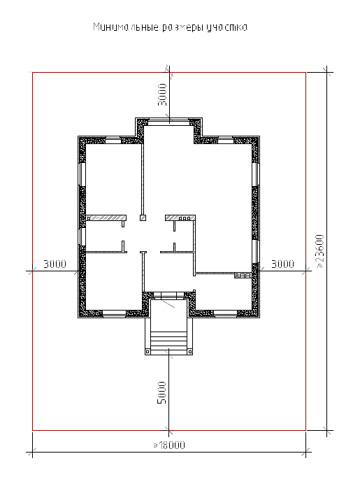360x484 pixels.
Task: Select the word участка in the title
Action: point(226,27)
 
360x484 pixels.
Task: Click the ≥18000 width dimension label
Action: point(169,445)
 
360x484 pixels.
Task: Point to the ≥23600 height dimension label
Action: point(320,251)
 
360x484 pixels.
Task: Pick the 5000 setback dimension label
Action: point(161,392)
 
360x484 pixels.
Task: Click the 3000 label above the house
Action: point(162,94)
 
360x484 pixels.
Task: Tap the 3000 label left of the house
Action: point(55,264)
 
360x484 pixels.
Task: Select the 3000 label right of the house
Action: point(282,264)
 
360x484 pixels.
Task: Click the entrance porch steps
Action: point(168,340)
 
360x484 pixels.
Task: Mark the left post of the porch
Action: point(147,352)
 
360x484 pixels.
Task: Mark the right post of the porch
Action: point(190,352)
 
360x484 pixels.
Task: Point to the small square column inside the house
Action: point(143,218)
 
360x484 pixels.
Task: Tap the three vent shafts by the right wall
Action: point(243,275)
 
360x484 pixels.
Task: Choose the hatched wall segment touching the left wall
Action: point(106,218)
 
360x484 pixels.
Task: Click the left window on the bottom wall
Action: point(114,314)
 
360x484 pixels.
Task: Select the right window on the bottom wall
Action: point(226,314)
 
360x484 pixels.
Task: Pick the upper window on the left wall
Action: point(82,173)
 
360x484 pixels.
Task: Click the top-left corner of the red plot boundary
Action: point(33,73)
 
